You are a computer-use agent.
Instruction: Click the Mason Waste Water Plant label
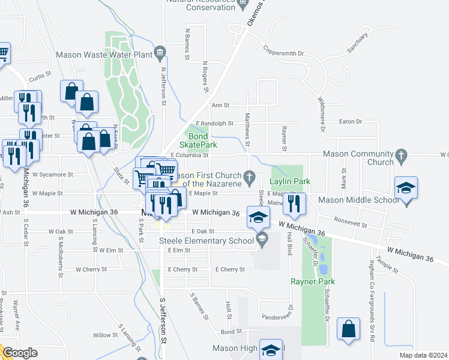104,54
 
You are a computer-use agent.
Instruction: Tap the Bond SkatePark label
199,140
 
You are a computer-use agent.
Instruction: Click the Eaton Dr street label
351,122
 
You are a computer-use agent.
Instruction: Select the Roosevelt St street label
351,223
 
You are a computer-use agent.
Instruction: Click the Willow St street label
105,335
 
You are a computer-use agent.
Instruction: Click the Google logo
20,353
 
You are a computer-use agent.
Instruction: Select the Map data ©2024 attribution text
423,355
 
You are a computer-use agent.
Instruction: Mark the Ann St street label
221,105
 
